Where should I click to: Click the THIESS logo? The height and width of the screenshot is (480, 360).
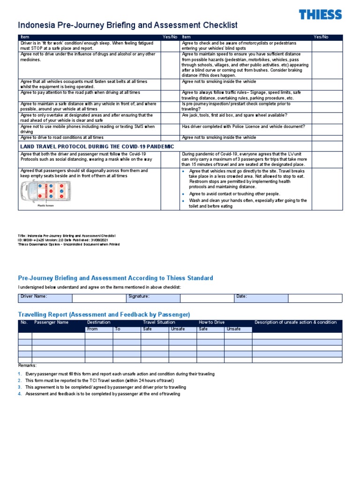point(321,15)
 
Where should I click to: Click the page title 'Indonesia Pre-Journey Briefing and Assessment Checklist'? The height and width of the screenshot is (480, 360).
point(127,25)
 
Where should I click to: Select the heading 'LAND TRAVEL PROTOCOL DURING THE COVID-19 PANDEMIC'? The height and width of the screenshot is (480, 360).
point(97,147)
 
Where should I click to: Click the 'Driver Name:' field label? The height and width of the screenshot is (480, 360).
point(34,296)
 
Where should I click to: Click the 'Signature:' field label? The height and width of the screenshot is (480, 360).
point(139,296)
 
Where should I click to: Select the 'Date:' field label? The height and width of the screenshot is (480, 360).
point(241,296)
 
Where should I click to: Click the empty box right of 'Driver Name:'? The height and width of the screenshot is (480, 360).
point(99,298)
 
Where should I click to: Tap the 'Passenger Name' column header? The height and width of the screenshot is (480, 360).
point(52,322)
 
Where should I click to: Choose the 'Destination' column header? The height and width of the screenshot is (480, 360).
point(99,322)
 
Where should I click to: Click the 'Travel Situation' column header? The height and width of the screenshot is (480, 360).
point(159,322)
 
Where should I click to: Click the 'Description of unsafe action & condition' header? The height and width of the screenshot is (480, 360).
point(295,322)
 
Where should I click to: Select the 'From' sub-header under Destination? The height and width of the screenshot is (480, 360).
point(93,329)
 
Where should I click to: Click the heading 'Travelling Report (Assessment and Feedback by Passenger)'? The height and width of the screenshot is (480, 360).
point(104,314)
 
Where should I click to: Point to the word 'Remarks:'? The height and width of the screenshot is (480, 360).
point(27,365)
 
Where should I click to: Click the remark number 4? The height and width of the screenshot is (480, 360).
point(20,394)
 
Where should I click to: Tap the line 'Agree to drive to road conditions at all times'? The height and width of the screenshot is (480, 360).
point(62,137)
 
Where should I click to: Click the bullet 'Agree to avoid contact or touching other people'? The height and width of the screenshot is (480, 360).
point(234,194)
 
